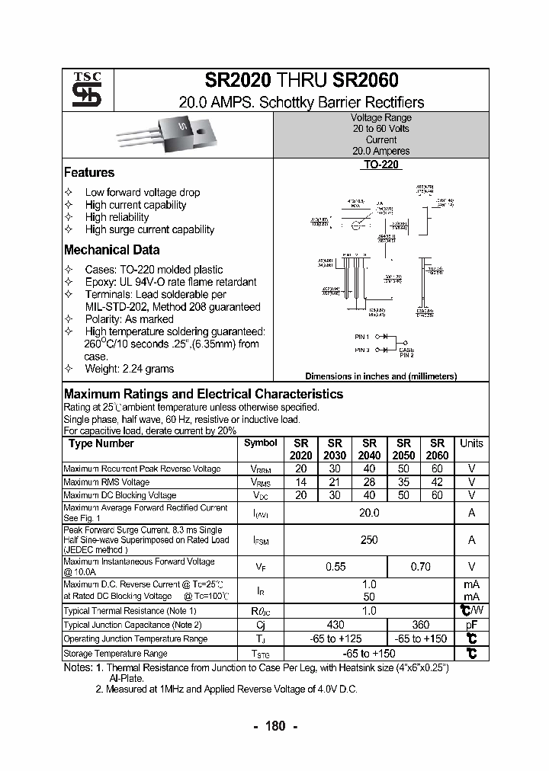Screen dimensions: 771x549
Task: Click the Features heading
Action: coord(89,173)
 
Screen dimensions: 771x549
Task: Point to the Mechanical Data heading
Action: coord(111,250)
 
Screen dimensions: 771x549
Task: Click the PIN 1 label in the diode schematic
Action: coord(361,336)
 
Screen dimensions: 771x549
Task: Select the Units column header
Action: coord(471,443)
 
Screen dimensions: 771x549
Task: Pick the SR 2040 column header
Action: coord(369,449)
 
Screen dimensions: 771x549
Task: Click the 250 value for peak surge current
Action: coord(369,539)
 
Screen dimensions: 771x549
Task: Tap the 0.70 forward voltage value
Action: coord(420,567)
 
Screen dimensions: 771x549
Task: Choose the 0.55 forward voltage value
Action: coord(335,567)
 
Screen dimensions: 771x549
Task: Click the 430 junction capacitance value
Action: coord(335,625)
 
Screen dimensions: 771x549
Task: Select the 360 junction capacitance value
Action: coord(420,625)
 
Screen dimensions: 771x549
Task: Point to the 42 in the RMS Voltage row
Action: coord(437,482)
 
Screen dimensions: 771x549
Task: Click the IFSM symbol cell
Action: coord(261,540)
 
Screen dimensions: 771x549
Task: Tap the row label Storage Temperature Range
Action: coord(115,654)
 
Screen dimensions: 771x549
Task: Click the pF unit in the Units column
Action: coord(471,625)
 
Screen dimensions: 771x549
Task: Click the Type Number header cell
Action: coord(101,443)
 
